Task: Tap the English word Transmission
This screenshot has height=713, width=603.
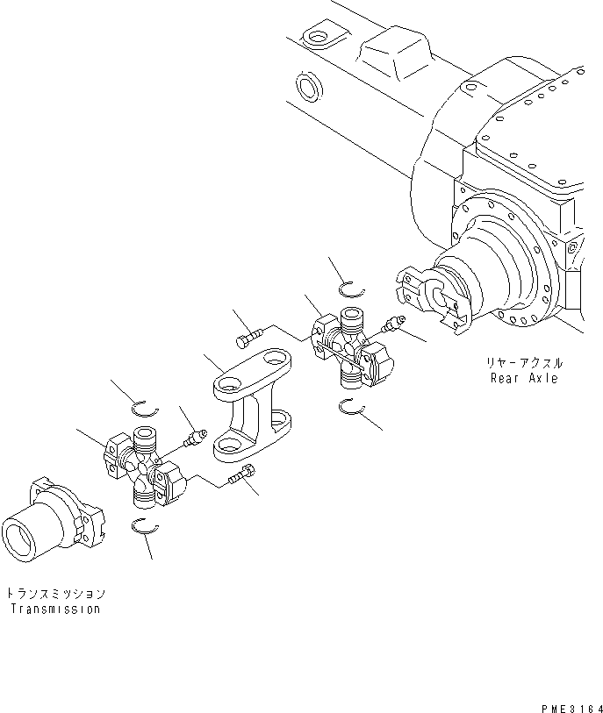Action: tap(56, 609)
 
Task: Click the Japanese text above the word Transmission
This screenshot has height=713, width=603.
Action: tap(56, 593)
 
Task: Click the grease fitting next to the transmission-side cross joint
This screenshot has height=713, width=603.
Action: tap(192, 436)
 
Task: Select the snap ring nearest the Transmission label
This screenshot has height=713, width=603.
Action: tap(142, 525)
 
